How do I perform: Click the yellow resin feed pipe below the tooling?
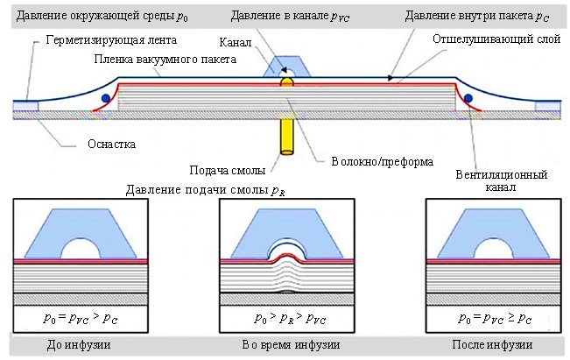click(287, 137)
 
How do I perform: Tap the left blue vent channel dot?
click(106, 98)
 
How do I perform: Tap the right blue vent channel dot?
click(468, 98)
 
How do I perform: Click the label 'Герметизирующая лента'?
click(111, 40)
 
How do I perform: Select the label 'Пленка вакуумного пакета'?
click(165, 60)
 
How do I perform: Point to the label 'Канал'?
click(236, 43)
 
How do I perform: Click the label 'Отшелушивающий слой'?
click(496, 39)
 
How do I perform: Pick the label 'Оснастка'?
click(111, 144)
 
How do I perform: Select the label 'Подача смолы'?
click(228, 170)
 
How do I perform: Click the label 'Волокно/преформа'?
click(382, 161)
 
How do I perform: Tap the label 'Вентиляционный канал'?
click(502, 180)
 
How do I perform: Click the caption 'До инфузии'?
click(79, 344)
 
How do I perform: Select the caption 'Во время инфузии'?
click(291, 344)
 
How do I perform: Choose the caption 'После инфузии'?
click(492, 344)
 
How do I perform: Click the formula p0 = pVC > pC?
click(81, 318)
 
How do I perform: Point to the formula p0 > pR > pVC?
click(290, 318)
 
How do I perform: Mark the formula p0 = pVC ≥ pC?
click(495, 318)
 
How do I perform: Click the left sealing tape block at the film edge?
click(25, 106)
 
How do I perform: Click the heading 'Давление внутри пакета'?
click(469, 16)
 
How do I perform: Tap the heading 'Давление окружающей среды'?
click(95, 17)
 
